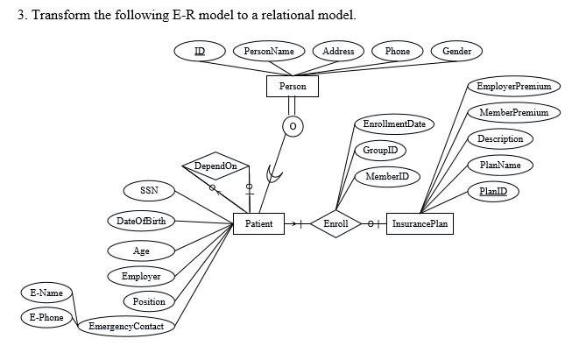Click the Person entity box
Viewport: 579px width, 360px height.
point(292,87)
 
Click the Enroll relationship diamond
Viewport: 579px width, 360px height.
point(335,224)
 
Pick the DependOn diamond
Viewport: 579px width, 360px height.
point(215,166)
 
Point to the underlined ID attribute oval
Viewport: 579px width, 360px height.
point(200,52)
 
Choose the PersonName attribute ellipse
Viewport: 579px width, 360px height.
point(268,52)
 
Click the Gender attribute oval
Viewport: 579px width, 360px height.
point(456,52)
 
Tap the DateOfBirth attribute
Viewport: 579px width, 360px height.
point(140,220)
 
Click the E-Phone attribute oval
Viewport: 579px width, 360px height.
point(46,317)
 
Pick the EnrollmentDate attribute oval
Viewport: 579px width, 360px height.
point(393,125)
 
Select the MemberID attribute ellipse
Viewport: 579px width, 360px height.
point(386,178)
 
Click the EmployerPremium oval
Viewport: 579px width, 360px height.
point(513,87)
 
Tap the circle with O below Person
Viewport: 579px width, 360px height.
point(293,128)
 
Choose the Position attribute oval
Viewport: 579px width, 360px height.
point(149,302)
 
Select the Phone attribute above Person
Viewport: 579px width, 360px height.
point(398,52)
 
